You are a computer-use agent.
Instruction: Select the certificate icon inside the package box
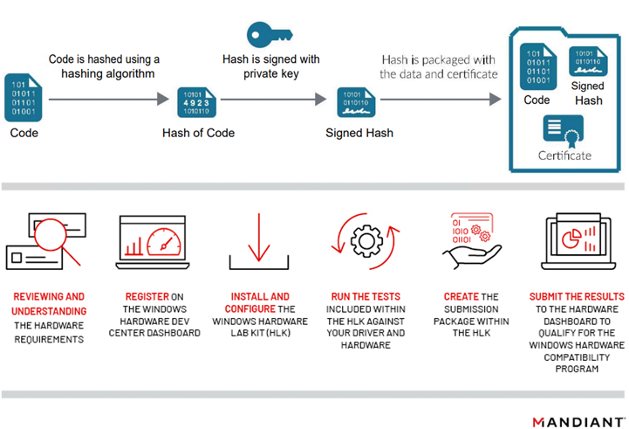pyautogui.click(x=564, y=132)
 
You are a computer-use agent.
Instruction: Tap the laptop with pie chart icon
pyautogui.click(x=576, y=242)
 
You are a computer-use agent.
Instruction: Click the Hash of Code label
pyautogui.click(x=198, y=134)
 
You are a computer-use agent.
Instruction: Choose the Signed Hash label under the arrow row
pyautogui.click(x=359, y=134)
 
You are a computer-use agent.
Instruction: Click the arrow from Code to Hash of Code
pyautogui.click(x=108, y=100)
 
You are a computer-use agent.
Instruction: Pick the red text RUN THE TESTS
pyautogui.click(x=365, y=297)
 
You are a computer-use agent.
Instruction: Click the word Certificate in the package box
pyautogui.click(x=564, y=156)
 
